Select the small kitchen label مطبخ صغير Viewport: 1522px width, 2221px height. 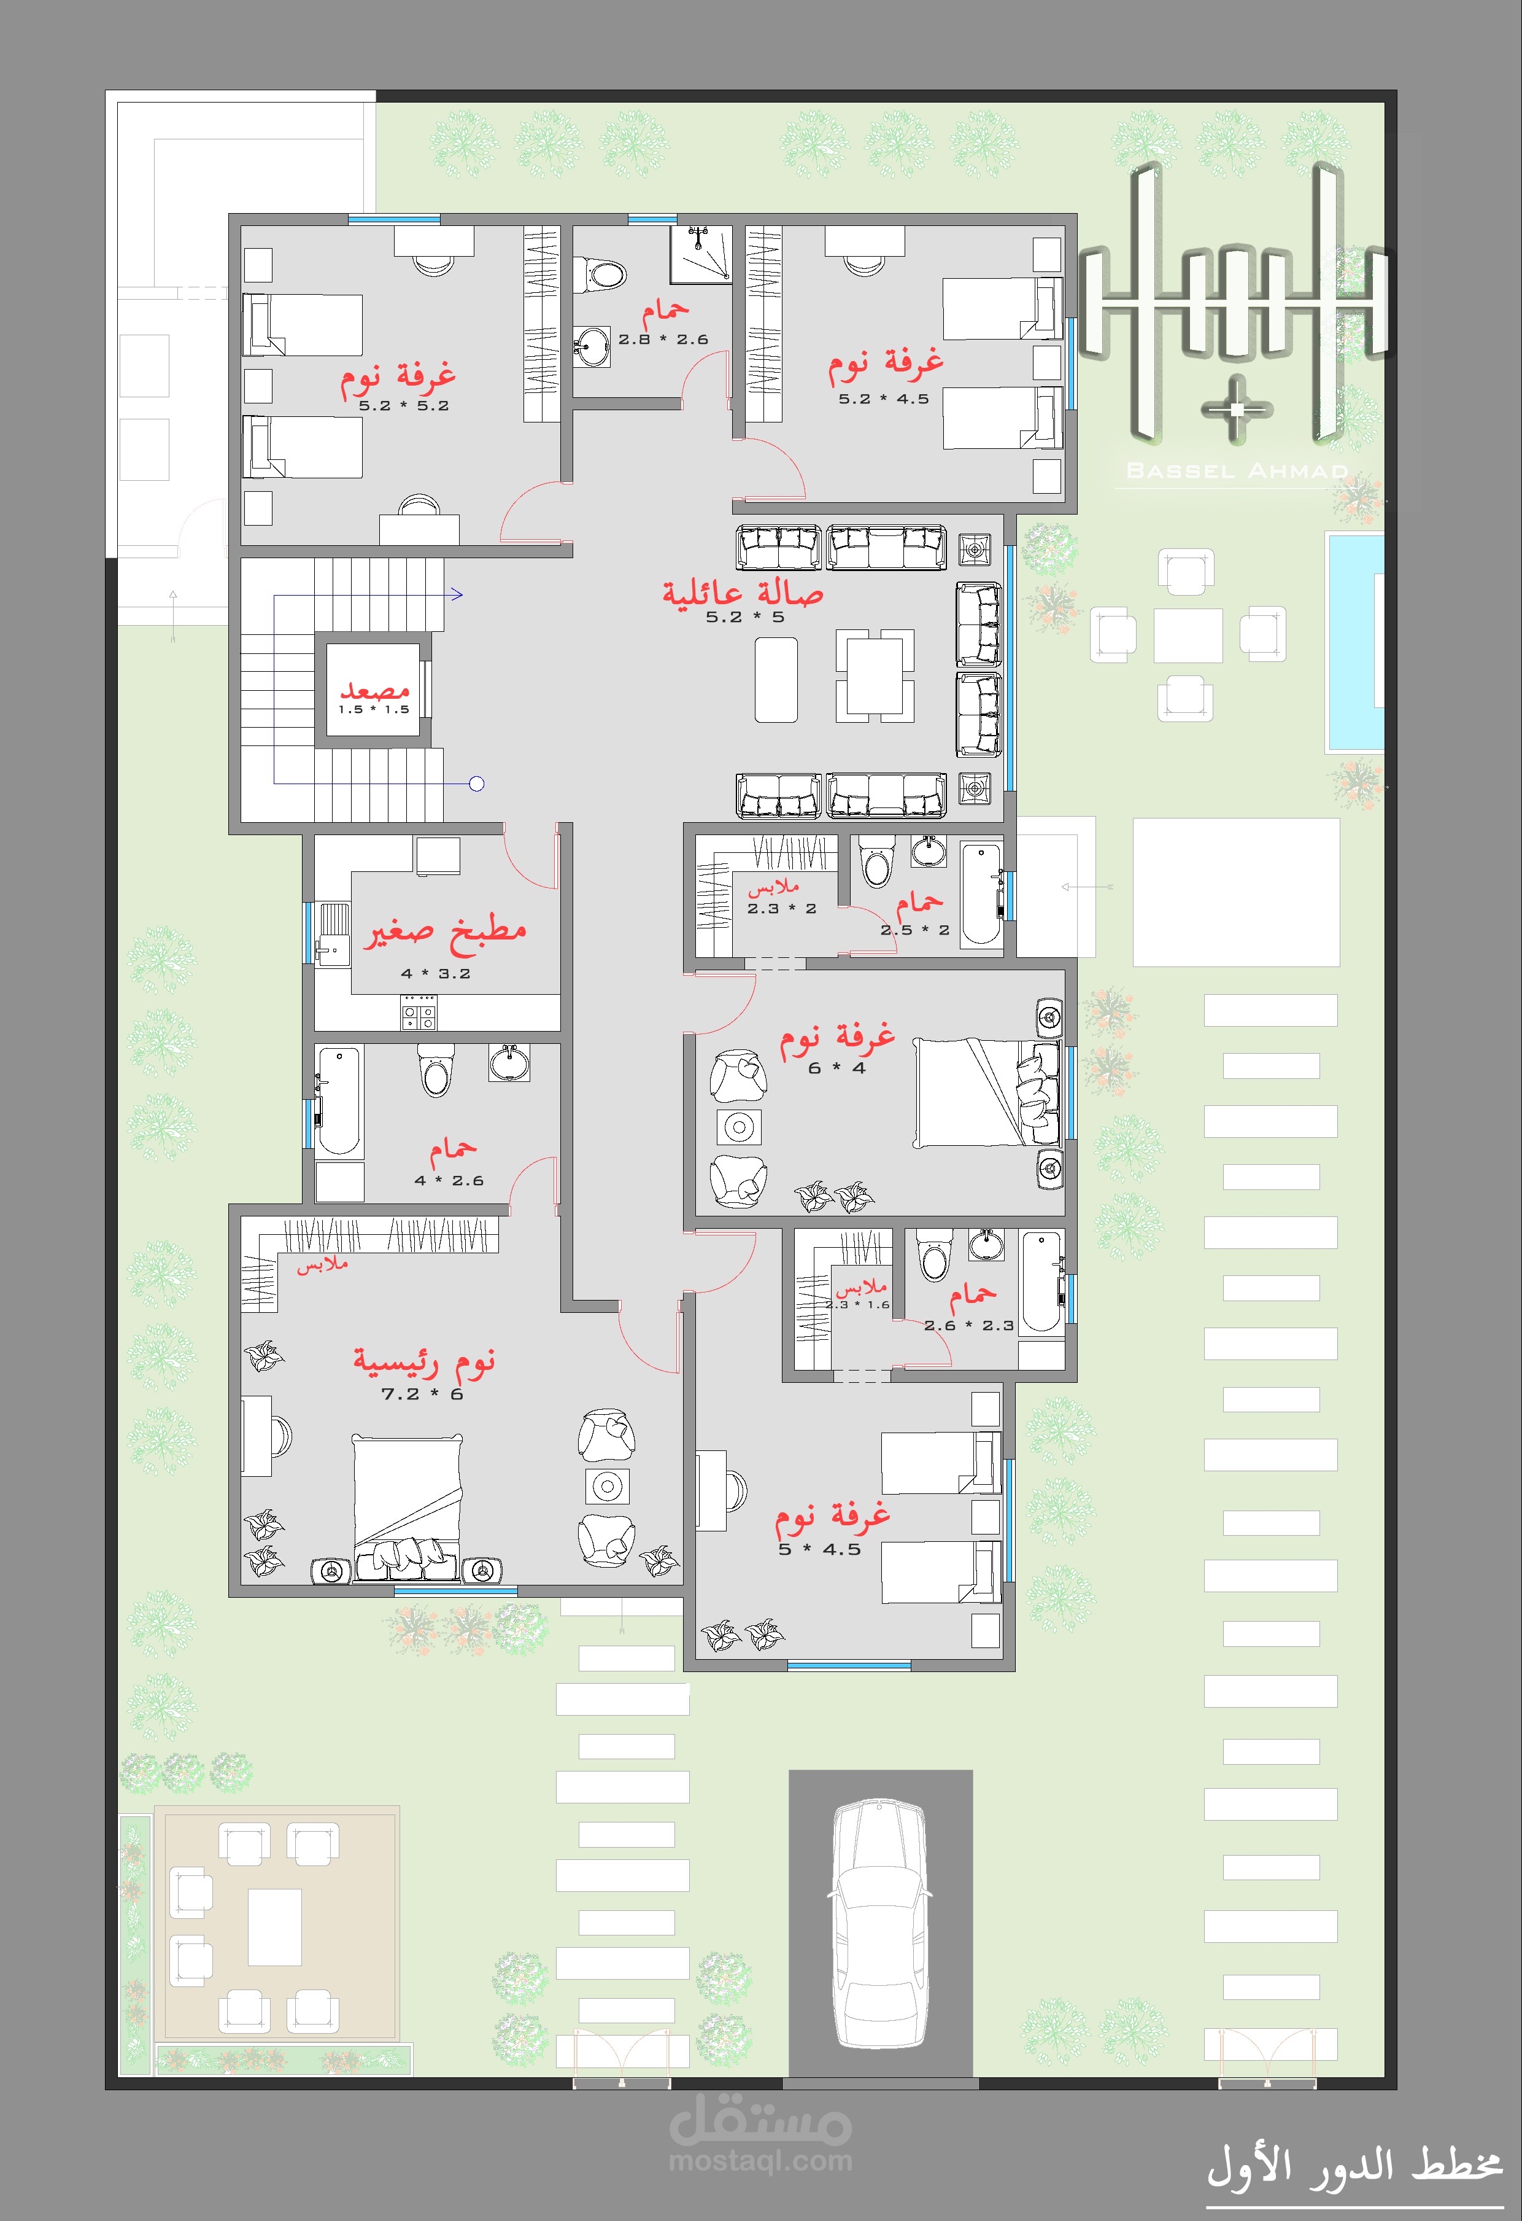(x=444, y=931)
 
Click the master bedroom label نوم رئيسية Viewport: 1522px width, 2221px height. (x=424, y=1361)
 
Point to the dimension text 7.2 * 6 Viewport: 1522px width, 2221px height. (x=422, y=1394)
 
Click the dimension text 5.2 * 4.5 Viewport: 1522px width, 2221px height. (x=884, y=400)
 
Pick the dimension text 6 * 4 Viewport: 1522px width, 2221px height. (x=837, y=1068)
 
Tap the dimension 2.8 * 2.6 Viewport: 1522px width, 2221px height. (x=663, y=340)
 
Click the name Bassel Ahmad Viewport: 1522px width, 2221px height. (x=1237, y=470)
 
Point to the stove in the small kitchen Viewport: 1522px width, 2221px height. (x=419, y=1012)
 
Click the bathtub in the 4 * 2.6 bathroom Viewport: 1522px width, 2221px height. (x=339, y=1101)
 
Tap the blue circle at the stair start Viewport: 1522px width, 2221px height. (x=477, y=785)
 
